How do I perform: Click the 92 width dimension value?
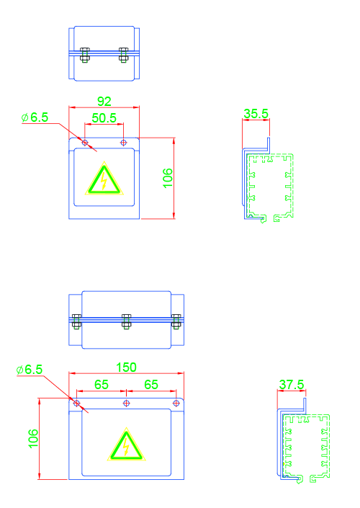(104, 102)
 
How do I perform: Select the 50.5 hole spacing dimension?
(104, 118)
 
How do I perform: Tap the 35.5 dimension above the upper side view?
(256, 114)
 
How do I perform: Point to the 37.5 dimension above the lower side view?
(292, 385)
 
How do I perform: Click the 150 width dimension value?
(126, 367)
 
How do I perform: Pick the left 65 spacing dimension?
(102, 385)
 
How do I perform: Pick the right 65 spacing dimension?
(151, 385)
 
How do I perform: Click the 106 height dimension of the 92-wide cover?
(168, 178)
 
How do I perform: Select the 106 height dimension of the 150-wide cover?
(33, 439)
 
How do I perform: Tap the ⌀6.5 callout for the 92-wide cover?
(35, 117)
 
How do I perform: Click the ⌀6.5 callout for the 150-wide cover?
(30, 370)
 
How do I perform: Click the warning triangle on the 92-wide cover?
(104, 179)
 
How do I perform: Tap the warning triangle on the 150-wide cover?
(126, 445)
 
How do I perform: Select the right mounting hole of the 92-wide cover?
(123, 143)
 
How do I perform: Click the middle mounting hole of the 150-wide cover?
(126, 404)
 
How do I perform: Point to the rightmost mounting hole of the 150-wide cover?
(176, 404)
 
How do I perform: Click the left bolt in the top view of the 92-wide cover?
(85, 55)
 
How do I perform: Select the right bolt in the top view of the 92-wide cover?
(124, 55)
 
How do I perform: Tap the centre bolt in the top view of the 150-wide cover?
(126, 321)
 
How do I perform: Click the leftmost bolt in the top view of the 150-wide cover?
(76, 321)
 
